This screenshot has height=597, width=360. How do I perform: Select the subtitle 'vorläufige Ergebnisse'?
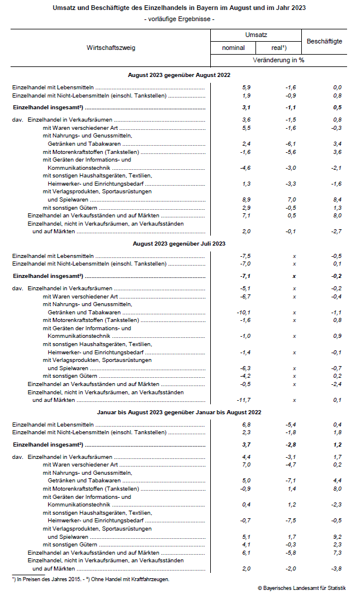pos(180,19)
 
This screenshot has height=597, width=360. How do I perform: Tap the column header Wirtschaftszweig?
pos(111,48)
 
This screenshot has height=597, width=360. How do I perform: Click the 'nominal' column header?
pos(234,48)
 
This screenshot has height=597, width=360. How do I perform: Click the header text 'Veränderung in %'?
pos(278,60)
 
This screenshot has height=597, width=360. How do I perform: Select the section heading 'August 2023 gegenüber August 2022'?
pos(179,75)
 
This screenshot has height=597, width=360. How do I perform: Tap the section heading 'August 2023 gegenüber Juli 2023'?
pos(179,243)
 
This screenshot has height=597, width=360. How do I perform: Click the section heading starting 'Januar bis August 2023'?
pos(179,412)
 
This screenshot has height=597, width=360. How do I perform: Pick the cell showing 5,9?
pos(247,88)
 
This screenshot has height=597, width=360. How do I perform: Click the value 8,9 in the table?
pos(247,200)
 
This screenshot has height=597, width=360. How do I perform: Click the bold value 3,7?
pos(247,445)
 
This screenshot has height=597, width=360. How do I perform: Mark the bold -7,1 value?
pos(245,276)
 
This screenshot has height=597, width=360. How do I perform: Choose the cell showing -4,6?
pos(245,168)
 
